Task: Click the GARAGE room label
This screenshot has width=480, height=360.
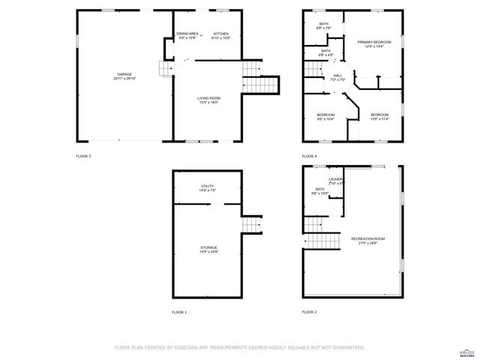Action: pyautogui.click(x=124, y=75)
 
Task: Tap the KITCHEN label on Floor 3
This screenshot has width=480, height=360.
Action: pyautogui.click(x=220, y=34)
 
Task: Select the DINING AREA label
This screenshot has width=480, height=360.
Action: pyautogui.click(x=187, y=34)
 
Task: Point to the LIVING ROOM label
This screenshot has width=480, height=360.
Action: pyautogui.click(x=208, y=98)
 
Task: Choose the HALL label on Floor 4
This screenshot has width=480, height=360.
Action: pyautogui.click(x=337, y=75)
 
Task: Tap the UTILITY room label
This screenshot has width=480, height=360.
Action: pyautogui.click(x=208, y=187)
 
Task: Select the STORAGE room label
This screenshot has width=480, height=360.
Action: pyautogui.click(x=208, y=247)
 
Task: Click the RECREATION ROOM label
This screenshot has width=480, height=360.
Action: pyautogui.click(x=367, y=239)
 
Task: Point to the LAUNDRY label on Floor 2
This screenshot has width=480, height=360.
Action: pyautogui.click(x=335, y=179)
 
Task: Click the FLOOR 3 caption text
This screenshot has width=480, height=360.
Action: pyautogui.click(x=83, y=156)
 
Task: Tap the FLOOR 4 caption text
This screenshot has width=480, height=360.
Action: pyautogui.click(x=309, y=156)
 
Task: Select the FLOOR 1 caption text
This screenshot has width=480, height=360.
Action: pyautogui.click(x=179, y=311)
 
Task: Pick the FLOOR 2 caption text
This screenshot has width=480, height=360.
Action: pyautogui.click(x=309, y=311)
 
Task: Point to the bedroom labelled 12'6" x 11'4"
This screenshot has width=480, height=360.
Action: pyautogui.click(x=379, y=115)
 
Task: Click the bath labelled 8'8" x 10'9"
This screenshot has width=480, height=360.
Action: pyautogui.click(x=320, y=191)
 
